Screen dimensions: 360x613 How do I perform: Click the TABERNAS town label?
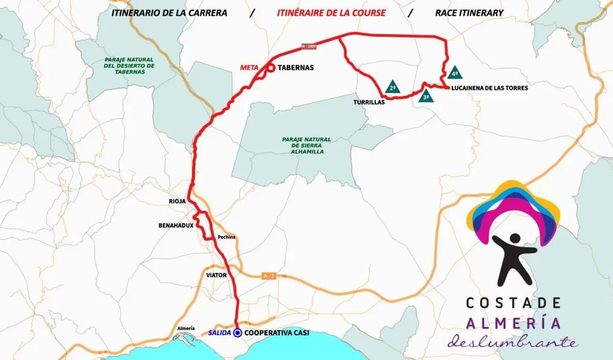(x=296, y=67)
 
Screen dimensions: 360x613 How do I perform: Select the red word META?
(x=251, y=67)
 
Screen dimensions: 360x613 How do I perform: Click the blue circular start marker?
(x=238, y=333)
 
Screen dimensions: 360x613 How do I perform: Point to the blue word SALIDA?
(x=220, y=333)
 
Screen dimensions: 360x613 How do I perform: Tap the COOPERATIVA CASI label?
(x=277, y=333)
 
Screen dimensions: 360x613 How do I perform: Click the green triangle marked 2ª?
(x=392, y=87)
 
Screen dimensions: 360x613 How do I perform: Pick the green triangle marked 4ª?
(x=455, y=72)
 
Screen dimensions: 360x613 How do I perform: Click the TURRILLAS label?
(x=368, y=102)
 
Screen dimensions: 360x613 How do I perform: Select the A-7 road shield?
(x=269, y=276)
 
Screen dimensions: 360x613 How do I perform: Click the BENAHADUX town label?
(x=175, y=225)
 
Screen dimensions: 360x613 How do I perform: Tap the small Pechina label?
(x=225, y=237)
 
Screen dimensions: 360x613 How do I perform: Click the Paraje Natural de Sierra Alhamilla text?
(x=306, y=146)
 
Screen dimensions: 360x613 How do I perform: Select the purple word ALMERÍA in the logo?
(x=513, y=323)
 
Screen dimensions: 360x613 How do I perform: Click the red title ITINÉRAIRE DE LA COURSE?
(x=331, y=13)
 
